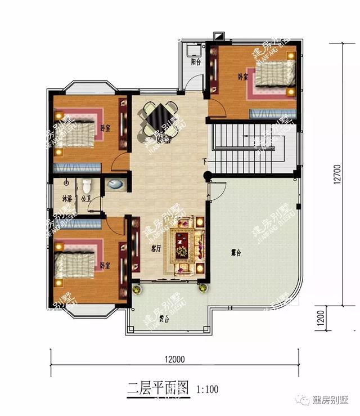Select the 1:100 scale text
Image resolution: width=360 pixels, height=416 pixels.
pyautogui.click(x=207, y=388)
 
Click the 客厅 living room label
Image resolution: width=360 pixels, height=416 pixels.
pyautogui.click(x=156, y=247)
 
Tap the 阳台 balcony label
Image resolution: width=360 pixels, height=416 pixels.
pyautogui.click(x=196, y=62)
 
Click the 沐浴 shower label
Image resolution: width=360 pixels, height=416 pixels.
pyautogui.click(x=67, y=199)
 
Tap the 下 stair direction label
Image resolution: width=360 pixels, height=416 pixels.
pyautogui.click(x=205, y=162)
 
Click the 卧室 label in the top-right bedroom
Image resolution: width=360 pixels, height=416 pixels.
pyautogui.click(x=243, y=77)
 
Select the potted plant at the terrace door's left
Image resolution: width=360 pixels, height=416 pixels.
pyautogui.click(x=136, y=289)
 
